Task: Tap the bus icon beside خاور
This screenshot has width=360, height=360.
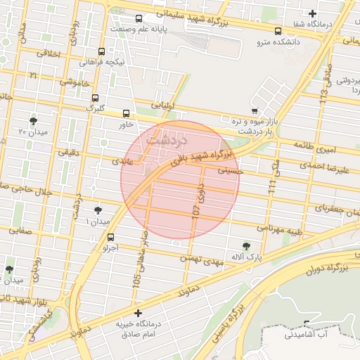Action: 127,112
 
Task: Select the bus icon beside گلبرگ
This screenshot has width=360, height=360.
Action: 95,98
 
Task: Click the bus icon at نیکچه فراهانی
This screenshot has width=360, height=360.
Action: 102,51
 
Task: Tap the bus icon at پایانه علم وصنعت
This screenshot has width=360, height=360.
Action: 139,18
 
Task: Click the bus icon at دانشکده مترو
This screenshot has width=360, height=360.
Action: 278,31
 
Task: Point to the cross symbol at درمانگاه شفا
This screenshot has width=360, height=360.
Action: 313,13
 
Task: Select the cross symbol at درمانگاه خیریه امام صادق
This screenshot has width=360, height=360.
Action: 138,312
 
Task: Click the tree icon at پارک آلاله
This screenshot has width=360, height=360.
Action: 245,245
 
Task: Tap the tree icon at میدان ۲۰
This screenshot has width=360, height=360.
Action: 33,120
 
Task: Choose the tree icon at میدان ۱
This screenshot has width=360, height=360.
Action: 97,210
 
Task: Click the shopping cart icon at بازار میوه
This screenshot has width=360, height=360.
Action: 255,110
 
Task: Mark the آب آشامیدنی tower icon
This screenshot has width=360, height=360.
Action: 307,324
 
